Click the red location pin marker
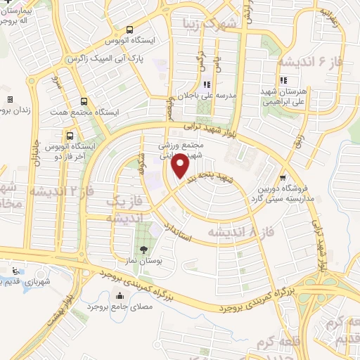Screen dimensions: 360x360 tap(180, 166)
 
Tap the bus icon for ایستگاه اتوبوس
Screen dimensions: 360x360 tap(129, 30)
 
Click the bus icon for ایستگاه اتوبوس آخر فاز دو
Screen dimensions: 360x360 tap(70, 135)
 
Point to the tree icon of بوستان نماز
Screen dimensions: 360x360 tap(144, 250)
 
